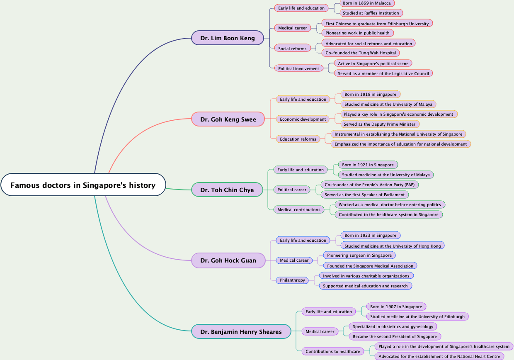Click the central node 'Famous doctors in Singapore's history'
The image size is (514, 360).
point(83,185)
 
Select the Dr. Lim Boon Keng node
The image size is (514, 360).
point(228,38)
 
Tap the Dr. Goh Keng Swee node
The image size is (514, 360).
point(228,119)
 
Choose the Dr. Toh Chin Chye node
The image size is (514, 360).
point(227,190)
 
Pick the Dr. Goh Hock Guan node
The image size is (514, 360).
point(228,260)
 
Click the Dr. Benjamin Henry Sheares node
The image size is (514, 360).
point(241,332)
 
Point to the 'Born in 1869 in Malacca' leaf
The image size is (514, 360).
point(367,3)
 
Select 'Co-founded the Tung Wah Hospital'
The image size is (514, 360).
point(361,53)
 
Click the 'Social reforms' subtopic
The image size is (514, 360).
point(292,49)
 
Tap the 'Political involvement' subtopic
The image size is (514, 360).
point(298,68)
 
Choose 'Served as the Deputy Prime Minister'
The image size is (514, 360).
point(379,124)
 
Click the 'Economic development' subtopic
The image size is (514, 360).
point(303,119)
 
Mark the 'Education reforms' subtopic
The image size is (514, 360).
point(298,139)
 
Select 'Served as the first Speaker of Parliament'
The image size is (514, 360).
point(365,195)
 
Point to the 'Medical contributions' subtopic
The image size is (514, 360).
point(298,209)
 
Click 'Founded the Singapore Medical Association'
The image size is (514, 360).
point(370,266)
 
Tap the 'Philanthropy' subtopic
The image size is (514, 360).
point(292,280)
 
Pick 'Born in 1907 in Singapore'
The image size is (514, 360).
point(396,307)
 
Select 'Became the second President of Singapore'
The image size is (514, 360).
point(395,336)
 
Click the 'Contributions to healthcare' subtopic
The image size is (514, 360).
point(332,351)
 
